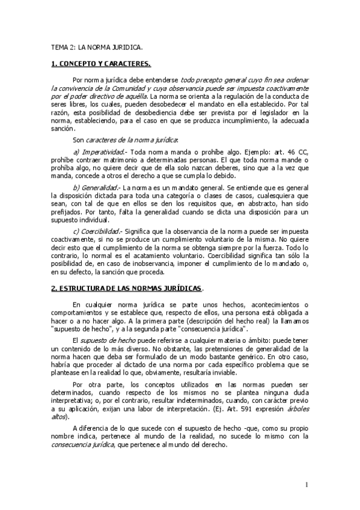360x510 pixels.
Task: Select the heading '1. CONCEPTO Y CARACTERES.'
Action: coord(100,63)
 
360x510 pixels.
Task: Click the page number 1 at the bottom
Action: coord(306,485)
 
